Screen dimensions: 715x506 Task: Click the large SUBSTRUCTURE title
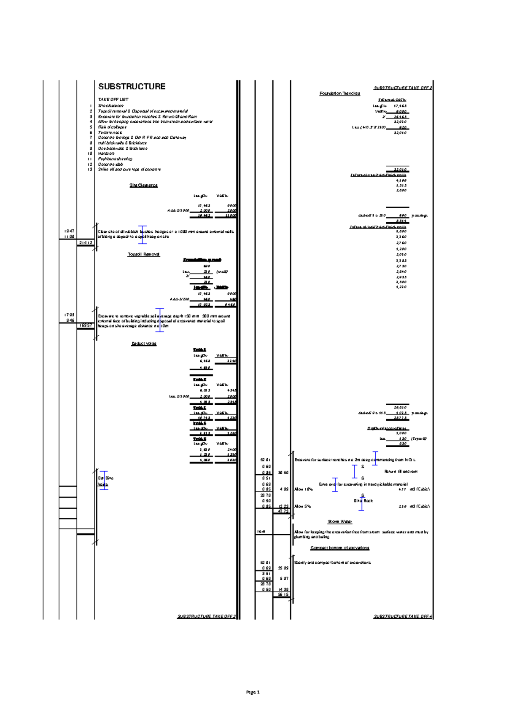click(132, 86)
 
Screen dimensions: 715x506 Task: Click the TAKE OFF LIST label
click(113, 99)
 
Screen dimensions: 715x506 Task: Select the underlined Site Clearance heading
click(143, 185)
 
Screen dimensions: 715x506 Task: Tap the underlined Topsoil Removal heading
click(143, 254)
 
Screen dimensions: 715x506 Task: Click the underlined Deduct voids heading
click(144, 344)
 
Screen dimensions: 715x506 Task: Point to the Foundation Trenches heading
click(339, 93)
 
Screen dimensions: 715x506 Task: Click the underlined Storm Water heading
click(339, 521)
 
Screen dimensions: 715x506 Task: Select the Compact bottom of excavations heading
click(339, 548)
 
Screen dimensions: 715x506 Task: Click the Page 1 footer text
click(253, 692)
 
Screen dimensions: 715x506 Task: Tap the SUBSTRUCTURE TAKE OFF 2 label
click(402, 88)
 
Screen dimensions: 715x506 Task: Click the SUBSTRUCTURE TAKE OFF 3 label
click(206, 616)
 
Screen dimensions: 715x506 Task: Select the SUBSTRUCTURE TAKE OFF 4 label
click(402, 616)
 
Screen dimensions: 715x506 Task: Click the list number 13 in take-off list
click(89, 169)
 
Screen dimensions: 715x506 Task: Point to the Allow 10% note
click(303, 489)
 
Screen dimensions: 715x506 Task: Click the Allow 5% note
click(302, 506)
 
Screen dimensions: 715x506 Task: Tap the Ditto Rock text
click(363, 500)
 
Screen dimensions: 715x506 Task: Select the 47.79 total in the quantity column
click(283, 511)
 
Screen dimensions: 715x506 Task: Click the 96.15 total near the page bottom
click(283, 594)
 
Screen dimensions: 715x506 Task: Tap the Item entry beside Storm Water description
click(261, 532)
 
